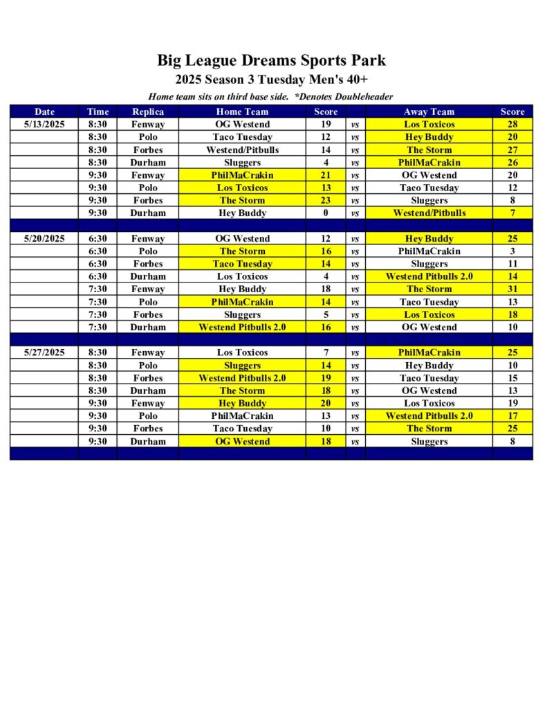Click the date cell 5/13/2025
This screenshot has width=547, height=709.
44,125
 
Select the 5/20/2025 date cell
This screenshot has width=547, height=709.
44,239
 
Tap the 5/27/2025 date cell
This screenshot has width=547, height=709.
44,352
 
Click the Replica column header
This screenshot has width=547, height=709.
148,111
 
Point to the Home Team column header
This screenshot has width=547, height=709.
242,111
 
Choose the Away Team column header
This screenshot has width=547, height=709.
429,111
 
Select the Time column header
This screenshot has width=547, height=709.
98,111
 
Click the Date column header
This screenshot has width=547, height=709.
44,111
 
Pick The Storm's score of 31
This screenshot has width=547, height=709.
512,289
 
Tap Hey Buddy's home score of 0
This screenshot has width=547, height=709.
326,213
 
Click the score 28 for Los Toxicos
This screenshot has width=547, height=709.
512,125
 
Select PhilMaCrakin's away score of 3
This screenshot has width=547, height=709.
512,251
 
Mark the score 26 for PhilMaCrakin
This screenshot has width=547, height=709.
512,163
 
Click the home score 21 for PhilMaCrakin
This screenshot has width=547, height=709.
326,175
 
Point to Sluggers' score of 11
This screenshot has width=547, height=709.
512,264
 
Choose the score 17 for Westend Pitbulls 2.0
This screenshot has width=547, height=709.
512,416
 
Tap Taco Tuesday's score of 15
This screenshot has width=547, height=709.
512,378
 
